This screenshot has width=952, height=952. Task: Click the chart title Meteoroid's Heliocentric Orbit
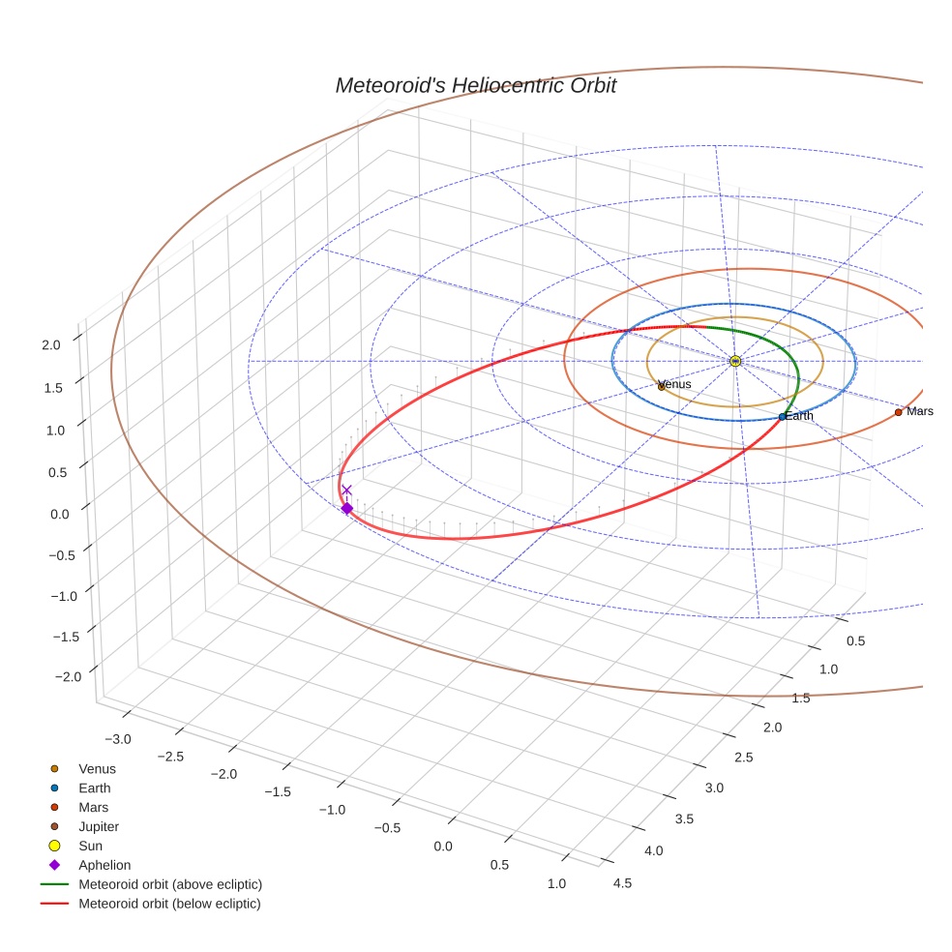point(475,86)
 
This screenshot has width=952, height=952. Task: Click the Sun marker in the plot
point(735,361)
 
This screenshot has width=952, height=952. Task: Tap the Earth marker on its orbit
point(783,417)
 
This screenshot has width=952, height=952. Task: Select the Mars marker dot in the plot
point(898,412)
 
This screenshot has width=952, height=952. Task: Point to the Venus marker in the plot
point(661,386)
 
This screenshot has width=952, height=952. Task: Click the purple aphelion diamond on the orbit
point(346,508)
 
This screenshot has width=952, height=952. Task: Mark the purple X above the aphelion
point(346,491)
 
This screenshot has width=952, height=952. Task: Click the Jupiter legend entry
point(98,826)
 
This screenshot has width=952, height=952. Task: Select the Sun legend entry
point(92,846)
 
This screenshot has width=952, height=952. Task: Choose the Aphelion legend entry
point(104,865)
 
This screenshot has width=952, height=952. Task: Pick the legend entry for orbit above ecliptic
point(169,884)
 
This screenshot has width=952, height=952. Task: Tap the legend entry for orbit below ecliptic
point(169,904)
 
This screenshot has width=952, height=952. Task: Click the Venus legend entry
point(97,768)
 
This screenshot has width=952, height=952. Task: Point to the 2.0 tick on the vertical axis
point(50,344)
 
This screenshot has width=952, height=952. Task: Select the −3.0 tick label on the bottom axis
point(118,739)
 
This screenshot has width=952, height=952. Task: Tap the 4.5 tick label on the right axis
point(622,882)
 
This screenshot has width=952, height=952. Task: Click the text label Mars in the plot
point(920,411)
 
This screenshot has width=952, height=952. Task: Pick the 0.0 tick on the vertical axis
point(60,514)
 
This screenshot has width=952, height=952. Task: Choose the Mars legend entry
point(93,807)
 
